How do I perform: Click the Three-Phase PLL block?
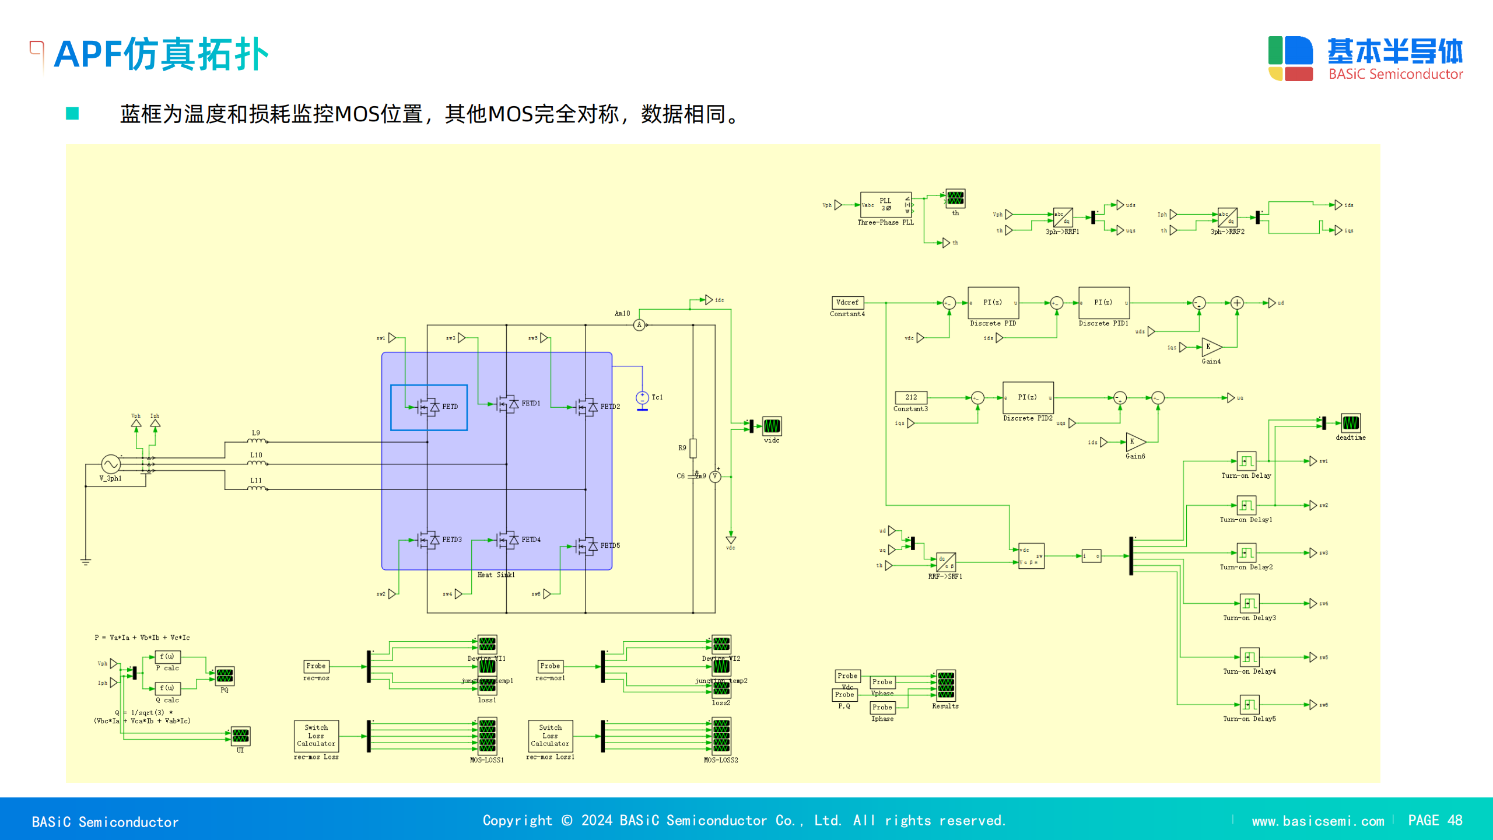(x=885, y=205)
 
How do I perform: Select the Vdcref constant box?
(x=847, y=302)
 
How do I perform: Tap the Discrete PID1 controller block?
(x=1103, y=302)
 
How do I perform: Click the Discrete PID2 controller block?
(x=1028, y=397)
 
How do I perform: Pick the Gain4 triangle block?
(x=1211, y=347)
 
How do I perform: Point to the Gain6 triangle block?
(x=1135, y=442)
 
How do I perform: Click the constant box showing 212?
(x=910, y=397)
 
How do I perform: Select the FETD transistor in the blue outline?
(x=429, y=407)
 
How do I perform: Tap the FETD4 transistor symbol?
(x=507, y=540)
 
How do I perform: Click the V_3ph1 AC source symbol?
(x=111, y=464)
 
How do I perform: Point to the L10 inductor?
(x=257, y=463)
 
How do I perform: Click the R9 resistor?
(x=693, y=448)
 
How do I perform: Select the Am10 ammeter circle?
(x=639, y=325)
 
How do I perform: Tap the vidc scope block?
(x=772, y=426)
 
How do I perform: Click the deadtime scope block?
(x=1350, y=423)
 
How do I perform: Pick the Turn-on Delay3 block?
(x=1249, y=603)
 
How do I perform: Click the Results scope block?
(x=945, y=685)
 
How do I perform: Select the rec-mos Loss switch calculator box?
(x=316, y=736)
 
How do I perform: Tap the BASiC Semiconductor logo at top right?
(x=1365, y=58)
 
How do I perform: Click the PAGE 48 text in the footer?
(x=1435, y=820)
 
